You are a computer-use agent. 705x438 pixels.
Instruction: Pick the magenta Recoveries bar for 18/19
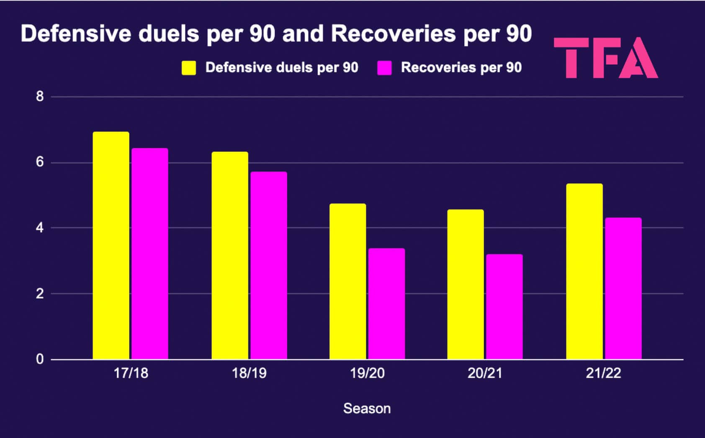(x=269, y=265)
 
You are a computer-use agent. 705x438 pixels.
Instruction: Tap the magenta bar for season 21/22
(x=623, y=289)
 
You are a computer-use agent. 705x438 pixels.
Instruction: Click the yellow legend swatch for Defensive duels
(x=189, y=68)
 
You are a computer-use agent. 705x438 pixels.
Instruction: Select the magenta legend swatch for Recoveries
(x=384, y=68)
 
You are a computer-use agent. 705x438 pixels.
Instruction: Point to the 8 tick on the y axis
(x=40, y=97)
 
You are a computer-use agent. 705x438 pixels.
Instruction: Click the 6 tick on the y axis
(x=40, y=162)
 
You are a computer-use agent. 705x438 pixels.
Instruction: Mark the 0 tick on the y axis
(x=40, y=359)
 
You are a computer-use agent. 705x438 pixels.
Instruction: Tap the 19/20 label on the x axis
(x=367, y=373)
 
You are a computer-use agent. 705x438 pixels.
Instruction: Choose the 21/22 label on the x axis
(x=603, y=373)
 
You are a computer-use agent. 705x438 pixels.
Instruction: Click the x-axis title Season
(x=367, y=409)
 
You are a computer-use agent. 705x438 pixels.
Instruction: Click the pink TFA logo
(x=605, y=58)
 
